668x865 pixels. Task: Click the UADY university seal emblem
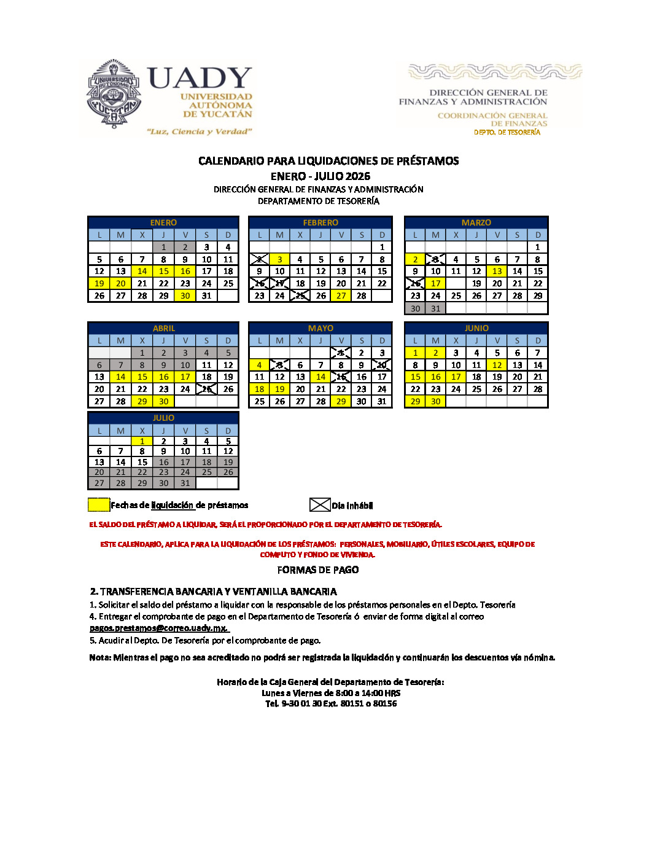point(114,94)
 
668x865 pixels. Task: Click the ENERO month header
point(163,222)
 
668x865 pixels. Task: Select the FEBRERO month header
point(320,222)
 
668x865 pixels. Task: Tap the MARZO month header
point(476,222)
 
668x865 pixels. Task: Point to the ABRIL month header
point(163,328)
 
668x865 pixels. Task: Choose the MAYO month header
point(320,328)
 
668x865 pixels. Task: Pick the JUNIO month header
point(476,328)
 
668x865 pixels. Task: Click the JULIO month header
point(163,418)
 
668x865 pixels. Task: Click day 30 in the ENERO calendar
point(185,296)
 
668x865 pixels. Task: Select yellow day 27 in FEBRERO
point(341,296)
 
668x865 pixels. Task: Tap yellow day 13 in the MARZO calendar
point(497,271)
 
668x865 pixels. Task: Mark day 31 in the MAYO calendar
point(382,401)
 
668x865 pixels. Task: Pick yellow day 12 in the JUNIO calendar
point(497,365)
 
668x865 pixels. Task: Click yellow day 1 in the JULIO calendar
point(142,441)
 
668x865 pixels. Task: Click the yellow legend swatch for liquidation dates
point(99,505)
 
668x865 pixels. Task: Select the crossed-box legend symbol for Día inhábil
point(320,505)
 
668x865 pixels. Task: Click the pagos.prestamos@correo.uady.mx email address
point(158,628)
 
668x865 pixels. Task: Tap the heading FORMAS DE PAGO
point(318,570)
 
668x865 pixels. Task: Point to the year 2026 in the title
point(357,176)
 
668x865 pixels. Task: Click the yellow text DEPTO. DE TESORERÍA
point(507,132)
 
